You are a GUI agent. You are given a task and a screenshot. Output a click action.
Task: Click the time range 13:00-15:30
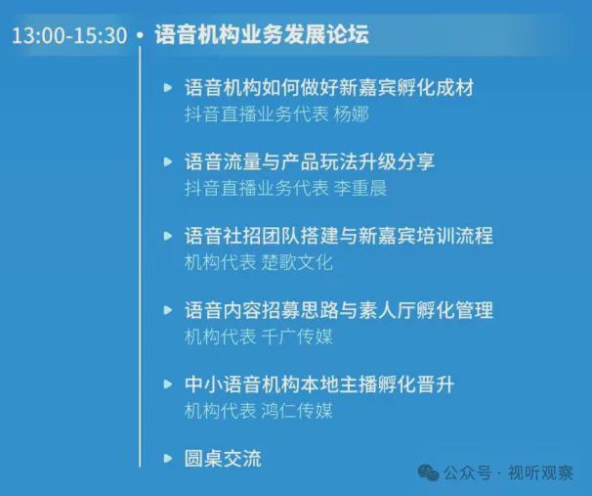point(69,35)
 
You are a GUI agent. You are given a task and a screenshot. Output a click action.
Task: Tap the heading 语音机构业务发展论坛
point(262,34)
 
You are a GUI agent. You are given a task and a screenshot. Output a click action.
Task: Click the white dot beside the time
point(140,35)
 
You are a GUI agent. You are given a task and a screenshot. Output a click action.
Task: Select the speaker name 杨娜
point(351,114)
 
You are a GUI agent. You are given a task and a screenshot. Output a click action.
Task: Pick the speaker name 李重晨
point(360,188)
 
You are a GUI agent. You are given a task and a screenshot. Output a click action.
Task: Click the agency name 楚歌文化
point(297,262)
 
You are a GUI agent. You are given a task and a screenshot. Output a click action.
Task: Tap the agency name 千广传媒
point(297,337)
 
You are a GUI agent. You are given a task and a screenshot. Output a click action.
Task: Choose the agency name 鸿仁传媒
point(297,411)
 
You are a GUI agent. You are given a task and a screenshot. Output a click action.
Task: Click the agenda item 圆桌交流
point(223,459)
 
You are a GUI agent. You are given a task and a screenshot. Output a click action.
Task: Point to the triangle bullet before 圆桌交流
point(168,459)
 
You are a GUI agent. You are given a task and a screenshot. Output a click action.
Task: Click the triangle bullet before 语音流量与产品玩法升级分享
point(168,161)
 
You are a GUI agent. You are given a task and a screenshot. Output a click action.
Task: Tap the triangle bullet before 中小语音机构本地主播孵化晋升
point(168,384)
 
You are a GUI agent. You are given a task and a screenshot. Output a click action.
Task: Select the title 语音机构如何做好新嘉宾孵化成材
point(329,88)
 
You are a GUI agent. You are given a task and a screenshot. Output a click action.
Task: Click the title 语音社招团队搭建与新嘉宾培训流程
point(339,236)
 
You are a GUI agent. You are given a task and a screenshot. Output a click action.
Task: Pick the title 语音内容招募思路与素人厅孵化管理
point(339,310)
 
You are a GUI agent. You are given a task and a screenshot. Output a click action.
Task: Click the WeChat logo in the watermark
point(428,473)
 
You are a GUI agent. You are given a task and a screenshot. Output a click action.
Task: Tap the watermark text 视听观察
point(540,473)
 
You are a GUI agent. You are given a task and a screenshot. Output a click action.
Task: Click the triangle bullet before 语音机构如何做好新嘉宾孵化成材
point(168,88)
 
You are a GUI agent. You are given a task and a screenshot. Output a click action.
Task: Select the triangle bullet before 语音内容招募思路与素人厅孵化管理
point(168,310)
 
